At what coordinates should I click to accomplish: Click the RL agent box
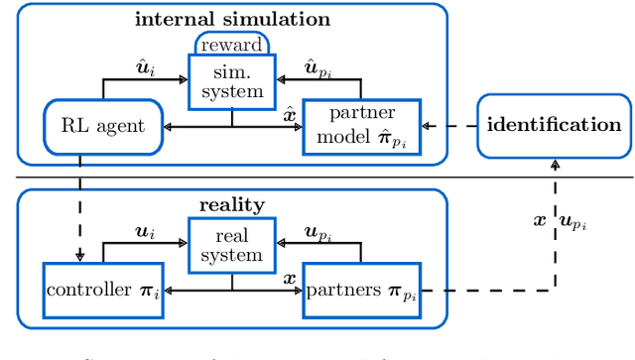103,126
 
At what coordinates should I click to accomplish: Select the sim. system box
231,81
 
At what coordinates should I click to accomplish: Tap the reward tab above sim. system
231,45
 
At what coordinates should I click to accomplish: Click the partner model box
362,126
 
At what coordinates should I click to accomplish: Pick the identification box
554,125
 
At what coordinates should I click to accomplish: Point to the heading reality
231,204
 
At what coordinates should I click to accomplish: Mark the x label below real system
289,279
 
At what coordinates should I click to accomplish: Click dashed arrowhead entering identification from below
554,166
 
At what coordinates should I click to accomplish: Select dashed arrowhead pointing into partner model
428,126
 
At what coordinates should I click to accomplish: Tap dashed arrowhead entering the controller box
80,257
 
